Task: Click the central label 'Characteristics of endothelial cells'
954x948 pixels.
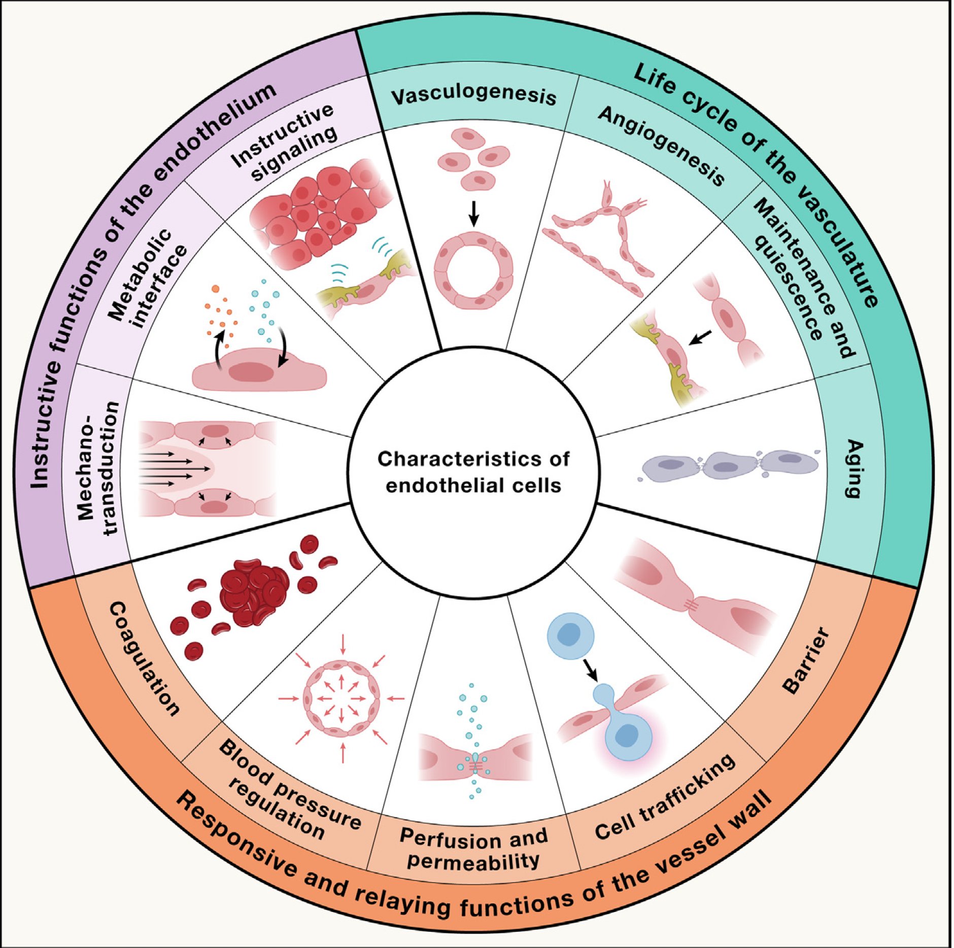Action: tap(473, 472)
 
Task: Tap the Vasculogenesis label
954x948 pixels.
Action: tap(473, 96)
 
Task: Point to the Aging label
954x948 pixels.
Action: tap(854, 469)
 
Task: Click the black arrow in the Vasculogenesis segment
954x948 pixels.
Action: tap(473, 213)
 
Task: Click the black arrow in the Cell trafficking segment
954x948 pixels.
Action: tap(591, 670)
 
